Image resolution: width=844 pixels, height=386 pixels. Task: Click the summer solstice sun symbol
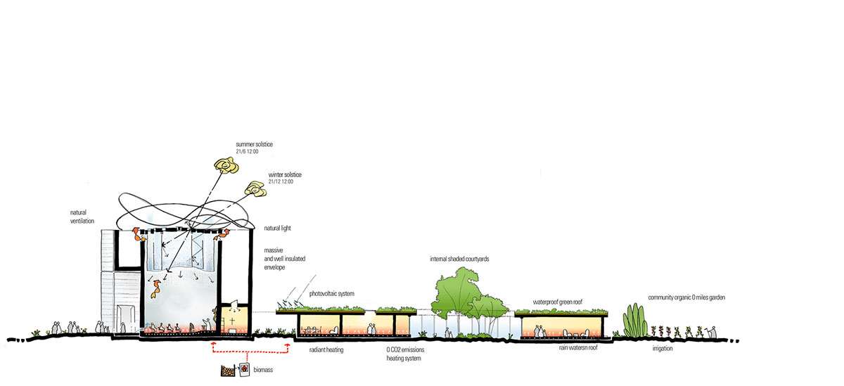pos(227,166)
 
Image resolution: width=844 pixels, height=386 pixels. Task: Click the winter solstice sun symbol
pos(255,188)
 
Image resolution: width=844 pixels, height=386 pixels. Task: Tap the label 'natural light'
pos(278,229)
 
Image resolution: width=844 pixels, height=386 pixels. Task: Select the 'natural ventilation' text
pos(84,216)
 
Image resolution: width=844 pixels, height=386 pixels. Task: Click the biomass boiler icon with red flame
pos(244,369)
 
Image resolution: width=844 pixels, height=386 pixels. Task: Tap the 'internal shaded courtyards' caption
pos(459,259)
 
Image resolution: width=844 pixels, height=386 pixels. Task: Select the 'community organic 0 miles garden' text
pos(686,297)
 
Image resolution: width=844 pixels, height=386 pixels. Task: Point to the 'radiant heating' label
pos(326,349)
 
